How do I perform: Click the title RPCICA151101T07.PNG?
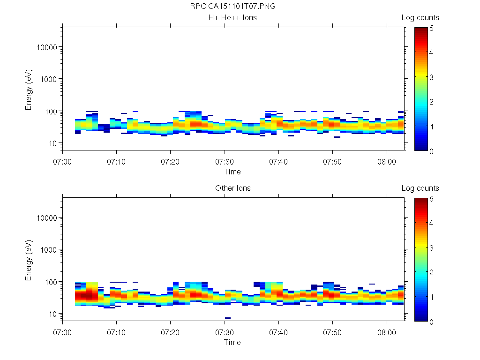(232, 7)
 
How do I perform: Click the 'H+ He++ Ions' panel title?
(232, 18)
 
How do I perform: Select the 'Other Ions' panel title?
(232, 188)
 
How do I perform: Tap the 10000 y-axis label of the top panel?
(47, 47)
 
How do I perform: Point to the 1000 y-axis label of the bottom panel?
(49, 250)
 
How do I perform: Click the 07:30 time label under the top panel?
(225, 162)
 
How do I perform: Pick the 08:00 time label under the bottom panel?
(387, 332)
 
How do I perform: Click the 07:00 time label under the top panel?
(62, 162)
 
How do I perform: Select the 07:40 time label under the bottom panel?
(279, 332)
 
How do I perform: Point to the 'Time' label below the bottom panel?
(232, 342)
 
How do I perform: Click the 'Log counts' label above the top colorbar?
(420, 18)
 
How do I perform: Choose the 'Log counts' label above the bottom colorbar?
(420, 188)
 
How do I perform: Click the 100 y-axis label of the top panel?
(51, 111)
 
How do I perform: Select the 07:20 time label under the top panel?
(171, 162)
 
